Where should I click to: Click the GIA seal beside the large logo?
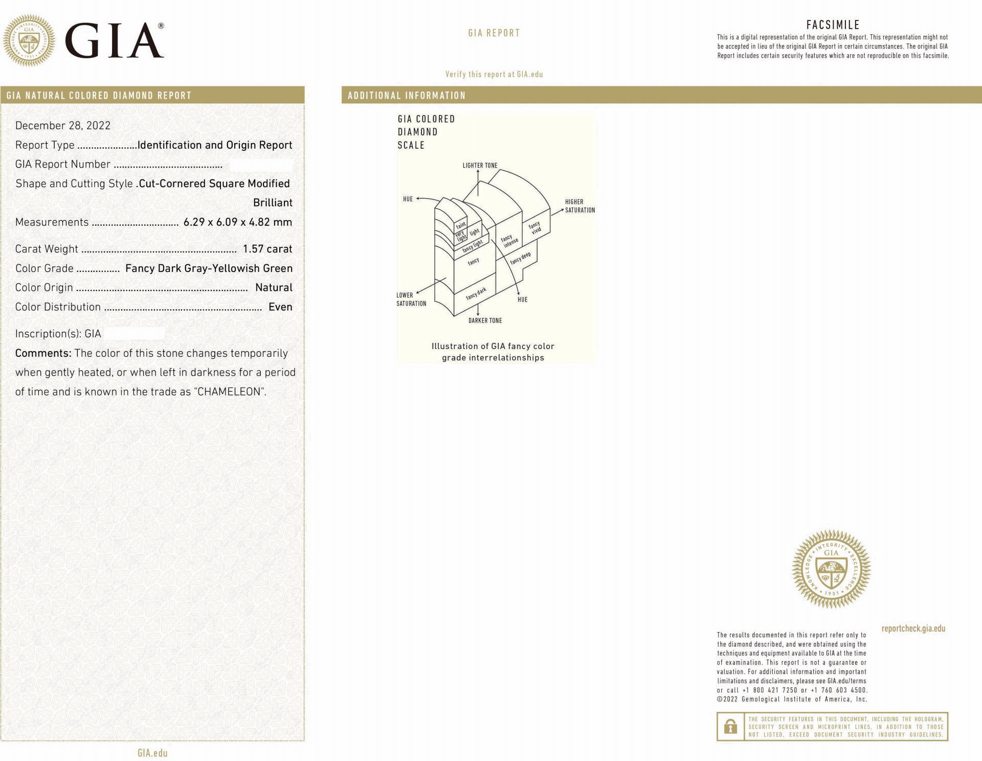(x=29, y=40)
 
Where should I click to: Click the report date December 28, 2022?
(x=63, y=126)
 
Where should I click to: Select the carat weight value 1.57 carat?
(x=267, y=249)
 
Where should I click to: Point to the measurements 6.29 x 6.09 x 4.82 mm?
(x=238, y=222)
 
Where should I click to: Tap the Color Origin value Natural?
(x=274, y=288)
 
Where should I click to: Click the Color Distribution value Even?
(x=280, y=307)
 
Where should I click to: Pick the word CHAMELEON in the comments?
(x=230, y=392)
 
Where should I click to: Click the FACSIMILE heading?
(x=833, y=25)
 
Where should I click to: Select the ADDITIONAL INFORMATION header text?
(x=407, y=96)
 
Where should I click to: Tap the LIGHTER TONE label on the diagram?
(x=480, y=166)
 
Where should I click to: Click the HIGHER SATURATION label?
(x=579, y=206)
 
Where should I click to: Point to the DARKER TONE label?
(x=485, y=320)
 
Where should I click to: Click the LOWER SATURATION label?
(x=411, y=299)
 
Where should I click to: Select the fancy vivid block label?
(x=535, y=228)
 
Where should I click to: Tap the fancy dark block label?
(x=476, y=294)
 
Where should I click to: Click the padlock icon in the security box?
(x=731, y=726)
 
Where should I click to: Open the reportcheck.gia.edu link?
(x=913, y=629)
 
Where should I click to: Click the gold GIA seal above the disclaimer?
(x=831, y=569)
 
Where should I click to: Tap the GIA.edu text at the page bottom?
(x=152, y=753)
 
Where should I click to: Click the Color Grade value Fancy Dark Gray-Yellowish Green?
(x=209, y=268)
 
